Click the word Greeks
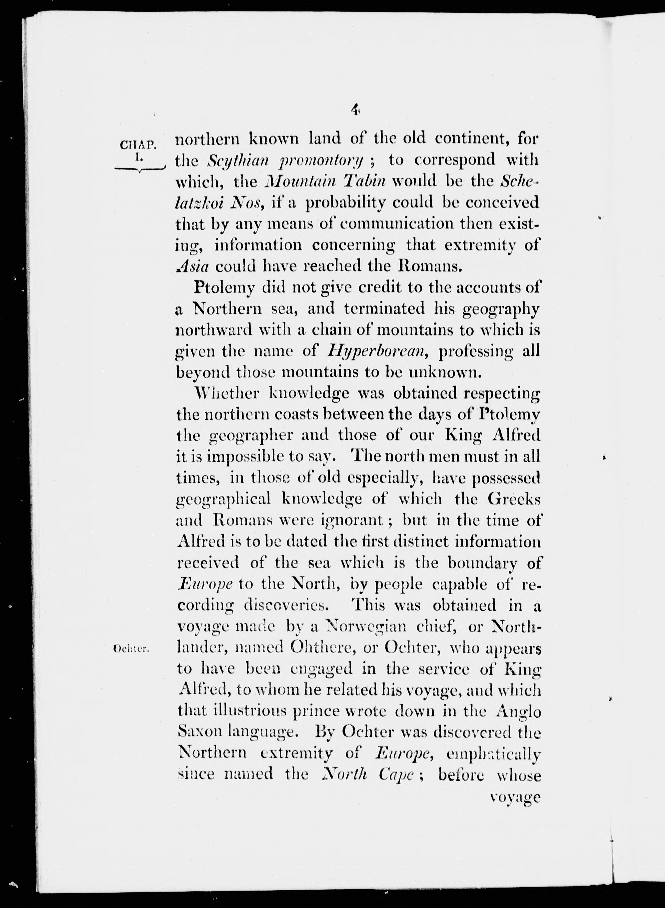click(514, 499)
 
